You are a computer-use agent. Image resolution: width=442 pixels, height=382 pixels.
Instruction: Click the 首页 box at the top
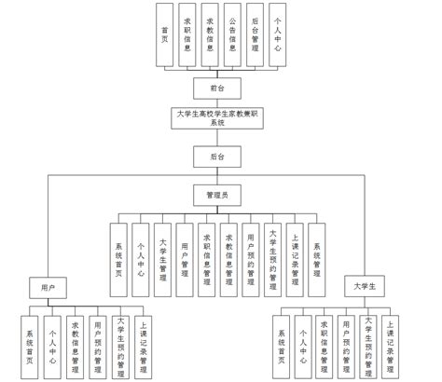tap(164, 35)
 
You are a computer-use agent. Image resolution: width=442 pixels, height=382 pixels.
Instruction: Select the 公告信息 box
tap(231, 35)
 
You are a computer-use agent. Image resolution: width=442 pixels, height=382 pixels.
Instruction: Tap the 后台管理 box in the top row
tap(254, 35)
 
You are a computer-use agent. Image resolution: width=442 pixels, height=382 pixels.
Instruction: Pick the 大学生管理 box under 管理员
tap(163, 252)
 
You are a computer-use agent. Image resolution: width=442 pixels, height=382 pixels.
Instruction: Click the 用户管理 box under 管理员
tap(186, 252)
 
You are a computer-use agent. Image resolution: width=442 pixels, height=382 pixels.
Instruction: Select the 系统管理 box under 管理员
tap(317, 252)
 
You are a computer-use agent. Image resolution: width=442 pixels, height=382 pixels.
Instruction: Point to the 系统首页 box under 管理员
tap(118, 252)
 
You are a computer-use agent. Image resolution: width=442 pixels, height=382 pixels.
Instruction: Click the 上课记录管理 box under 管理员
tap(295, 252)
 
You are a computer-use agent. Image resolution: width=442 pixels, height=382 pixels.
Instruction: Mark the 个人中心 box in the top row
tap(276, 35)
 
